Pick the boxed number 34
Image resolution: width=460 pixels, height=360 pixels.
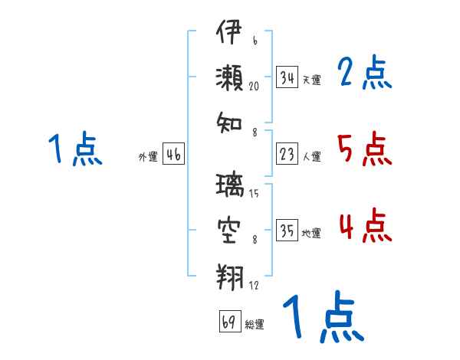(287, 77)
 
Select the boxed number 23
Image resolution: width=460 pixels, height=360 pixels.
(287, 155)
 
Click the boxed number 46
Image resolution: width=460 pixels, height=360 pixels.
(173, 155)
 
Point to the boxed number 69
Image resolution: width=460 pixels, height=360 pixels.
(229, 322)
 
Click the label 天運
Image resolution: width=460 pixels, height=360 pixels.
(311, 80)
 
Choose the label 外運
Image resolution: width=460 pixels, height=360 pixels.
(148, 157)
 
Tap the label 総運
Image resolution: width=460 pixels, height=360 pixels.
(255, 324)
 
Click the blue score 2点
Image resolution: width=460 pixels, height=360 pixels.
(364, 74)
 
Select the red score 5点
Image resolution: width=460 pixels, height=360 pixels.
(364, 149)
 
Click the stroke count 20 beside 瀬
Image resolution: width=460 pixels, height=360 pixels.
(255, 87)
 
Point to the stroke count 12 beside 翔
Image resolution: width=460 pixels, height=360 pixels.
(255, 285)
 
